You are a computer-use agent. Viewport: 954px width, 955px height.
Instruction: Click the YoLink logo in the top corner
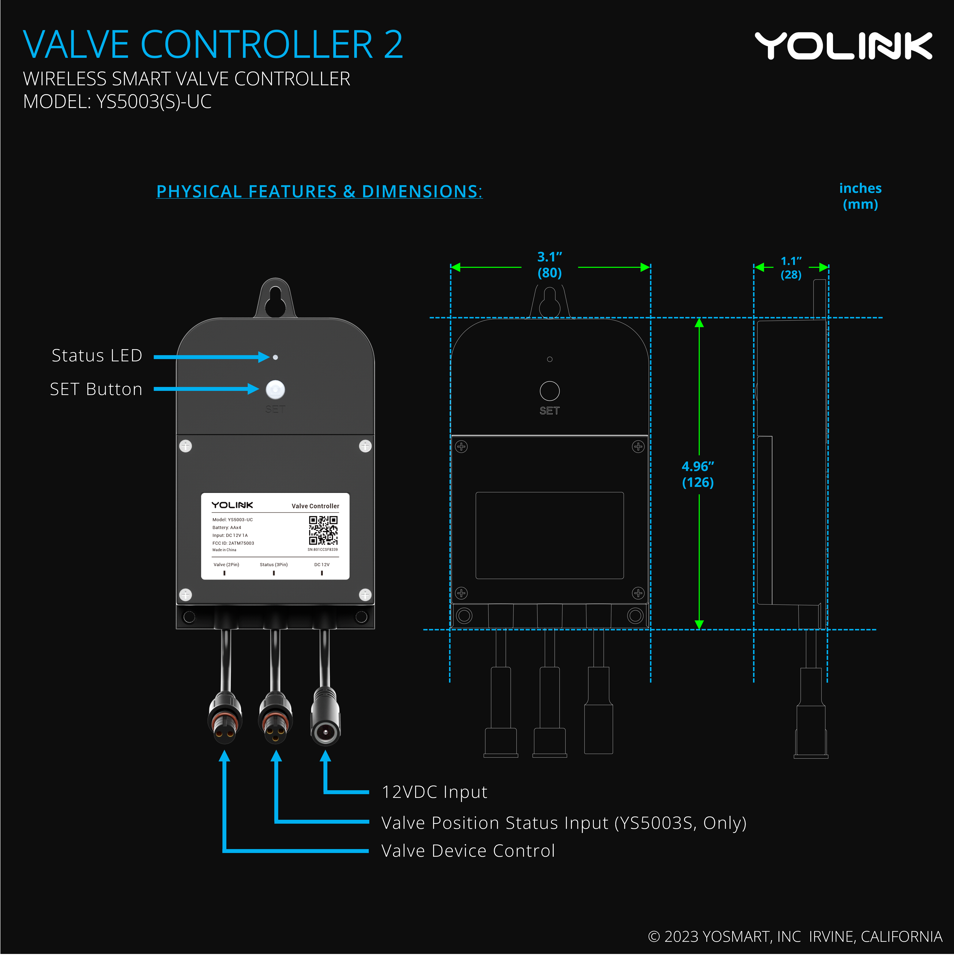pyautogui.click(x=843, y=46)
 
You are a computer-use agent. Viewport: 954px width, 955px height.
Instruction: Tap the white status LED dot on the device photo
pyautogui.click(x=276, y=357)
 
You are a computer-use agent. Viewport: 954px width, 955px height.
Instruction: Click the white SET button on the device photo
pyautogui.click(x=276, y=389)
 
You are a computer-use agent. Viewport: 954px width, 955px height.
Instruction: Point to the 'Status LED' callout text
pyautogui.click(x=97, y=355)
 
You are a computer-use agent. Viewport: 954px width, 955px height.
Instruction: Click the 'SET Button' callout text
pyautogui.click(x=96, y=389)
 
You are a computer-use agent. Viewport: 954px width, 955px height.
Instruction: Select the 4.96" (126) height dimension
pyautogui.click(x=698, y=474)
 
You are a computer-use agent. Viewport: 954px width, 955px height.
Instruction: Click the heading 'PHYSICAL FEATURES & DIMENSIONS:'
pyautogui.click(x=320, y=191)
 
